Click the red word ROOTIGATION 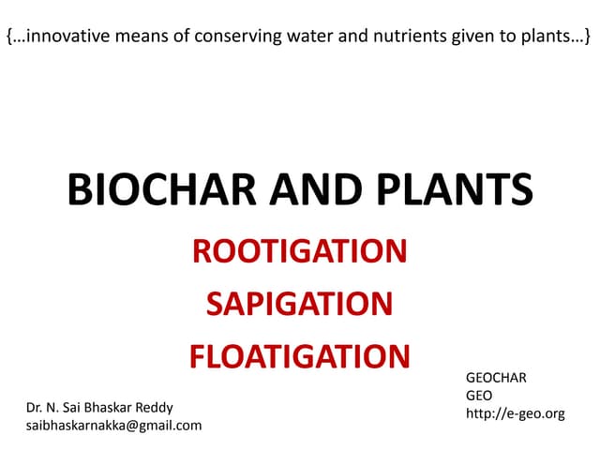click(x=299, y=251)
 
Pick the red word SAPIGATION click(x=299, y=304)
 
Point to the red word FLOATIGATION click(x=299, y=356)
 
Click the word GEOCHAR click(x=496, y=378)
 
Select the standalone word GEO click(x=479, y=395)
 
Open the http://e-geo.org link click(x=515, y=412)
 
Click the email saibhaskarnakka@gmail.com click(x=114, y=425)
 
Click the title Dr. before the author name click(x=37, y=408)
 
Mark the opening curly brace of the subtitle click(x=9, y=38)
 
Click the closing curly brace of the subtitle click(x=588, y=38)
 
